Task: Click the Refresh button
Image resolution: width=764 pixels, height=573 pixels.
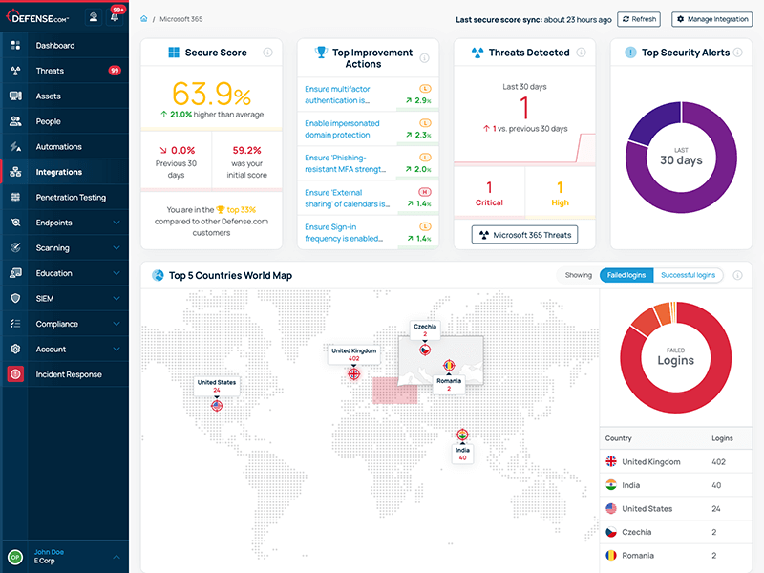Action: (x=639, y=19)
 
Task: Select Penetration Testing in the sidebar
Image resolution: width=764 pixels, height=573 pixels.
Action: (x=70, y=198)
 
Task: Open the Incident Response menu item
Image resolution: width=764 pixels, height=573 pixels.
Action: (x=68, y=374)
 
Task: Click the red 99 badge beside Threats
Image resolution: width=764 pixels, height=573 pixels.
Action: (x=115, y=71)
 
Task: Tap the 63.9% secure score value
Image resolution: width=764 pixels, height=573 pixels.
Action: (x=211, y=95)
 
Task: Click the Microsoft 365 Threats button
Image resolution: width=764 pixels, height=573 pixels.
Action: (x=524, y=235)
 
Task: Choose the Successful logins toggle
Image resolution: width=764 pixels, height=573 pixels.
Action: (x=688, y=275)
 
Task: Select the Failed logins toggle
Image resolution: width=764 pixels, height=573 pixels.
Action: (x=626, y=275)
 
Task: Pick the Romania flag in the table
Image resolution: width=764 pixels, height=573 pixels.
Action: (x=611, y=556)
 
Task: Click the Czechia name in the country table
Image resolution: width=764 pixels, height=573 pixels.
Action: (x=638, y=532)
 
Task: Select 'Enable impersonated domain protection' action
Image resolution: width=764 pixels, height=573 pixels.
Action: (x=342, y=128)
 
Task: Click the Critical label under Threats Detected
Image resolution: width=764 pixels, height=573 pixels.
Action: (x=489, y=202)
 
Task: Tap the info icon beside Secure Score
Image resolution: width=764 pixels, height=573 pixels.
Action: (x=267, y=53)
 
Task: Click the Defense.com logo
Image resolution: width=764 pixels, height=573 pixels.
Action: (x=40, y=16)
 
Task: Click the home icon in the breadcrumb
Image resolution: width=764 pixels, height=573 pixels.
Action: (x=144, y=19)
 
